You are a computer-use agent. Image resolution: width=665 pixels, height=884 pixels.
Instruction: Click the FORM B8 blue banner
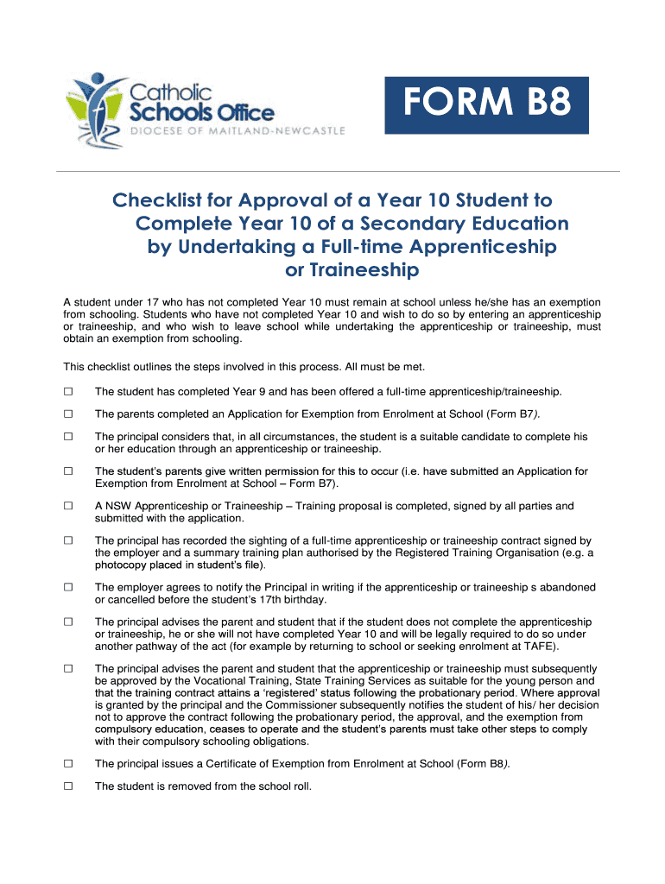487,105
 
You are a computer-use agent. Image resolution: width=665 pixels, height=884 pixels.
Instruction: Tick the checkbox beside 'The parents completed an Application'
68,414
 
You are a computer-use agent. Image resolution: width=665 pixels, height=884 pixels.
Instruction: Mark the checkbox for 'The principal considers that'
68,437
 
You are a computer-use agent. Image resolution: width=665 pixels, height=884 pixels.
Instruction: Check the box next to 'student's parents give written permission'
68,471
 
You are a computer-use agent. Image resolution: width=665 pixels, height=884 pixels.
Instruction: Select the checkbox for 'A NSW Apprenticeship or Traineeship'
68,506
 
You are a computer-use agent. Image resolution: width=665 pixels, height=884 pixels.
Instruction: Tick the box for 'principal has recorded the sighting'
68,540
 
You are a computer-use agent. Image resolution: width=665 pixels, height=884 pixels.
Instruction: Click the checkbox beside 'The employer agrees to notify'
68,587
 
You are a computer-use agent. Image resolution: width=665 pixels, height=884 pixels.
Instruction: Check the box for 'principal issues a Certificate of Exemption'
68,763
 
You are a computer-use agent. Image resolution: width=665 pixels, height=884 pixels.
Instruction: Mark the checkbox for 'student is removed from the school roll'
68,786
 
